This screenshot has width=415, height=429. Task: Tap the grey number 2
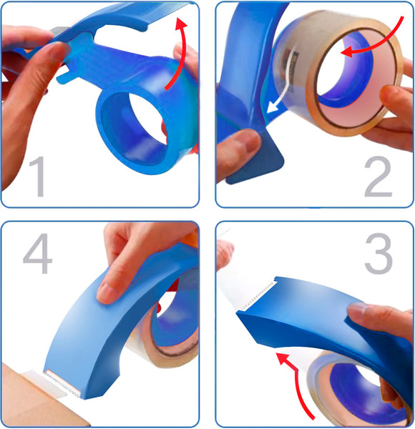click(379, 177)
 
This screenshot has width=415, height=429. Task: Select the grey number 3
click(379, 253)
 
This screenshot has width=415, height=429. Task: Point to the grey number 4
click(37, 253)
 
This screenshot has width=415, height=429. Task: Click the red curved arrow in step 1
click(181, 52)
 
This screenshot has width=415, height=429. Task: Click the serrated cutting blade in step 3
click(258, 295)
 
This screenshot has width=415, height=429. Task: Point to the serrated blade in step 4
click(62, 383)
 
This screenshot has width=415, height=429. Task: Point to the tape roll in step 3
click(356, 388)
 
